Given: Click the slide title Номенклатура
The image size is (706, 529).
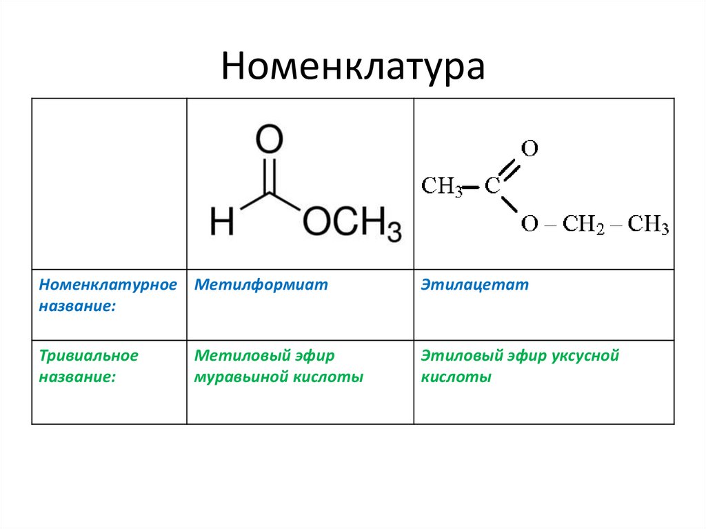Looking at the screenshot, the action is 352,67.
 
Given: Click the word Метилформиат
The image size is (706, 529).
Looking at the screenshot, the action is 261,285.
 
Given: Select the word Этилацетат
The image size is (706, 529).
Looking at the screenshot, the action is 475,285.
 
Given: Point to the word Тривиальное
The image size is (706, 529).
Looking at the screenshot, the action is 88,356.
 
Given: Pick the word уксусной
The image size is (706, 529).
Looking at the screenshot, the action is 585,356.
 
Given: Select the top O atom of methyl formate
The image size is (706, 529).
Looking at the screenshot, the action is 269,141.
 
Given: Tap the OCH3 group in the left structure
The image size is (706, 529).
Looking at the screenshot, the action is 352,224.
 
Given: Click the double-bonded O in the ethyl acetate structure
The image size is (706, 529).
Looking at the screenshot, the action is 529,148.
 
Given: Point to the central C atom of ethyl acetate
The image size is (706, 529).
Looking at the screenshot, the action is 492,186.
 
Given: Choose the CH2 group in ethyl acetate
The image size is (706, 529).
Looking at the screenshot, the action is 583,225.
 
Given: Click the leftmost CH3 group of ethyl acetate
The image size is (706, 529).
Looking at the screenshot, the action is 441,186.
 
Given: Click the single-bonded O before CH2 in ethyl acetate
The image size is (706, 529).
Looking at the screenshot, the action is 529,225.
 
